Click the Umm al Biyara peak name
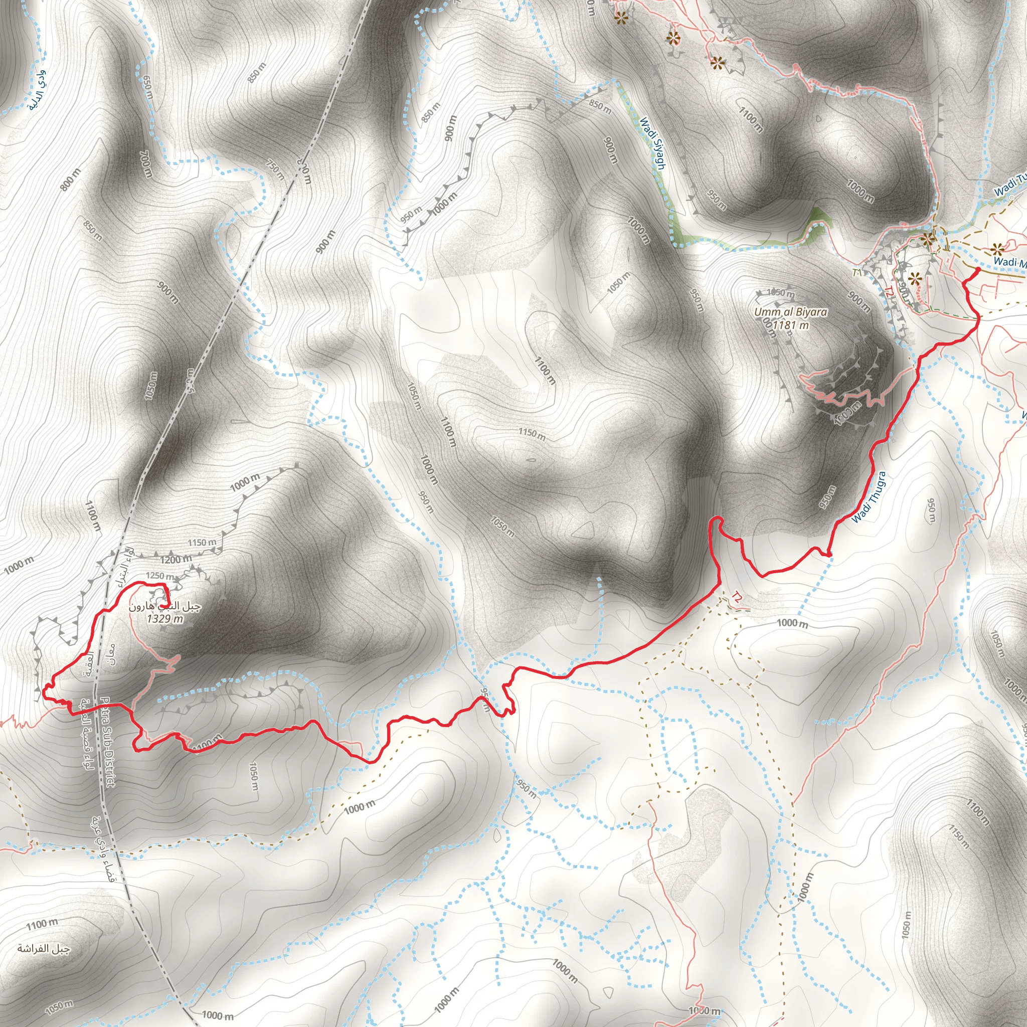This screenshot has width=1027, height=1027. (x=790, y=312)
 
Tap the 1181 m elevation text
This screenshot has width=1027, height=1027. (x=790, y=325)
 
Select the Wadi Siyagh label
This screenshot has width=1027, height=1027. (x=652, y=143)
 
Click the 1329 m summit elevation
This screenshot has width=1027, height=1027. (x=165, y=618)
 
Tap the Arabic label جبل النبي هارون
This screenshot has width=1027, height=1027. (x=165, y=607)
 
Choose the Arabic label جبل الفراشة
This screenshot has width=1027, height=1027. (x=44, y=949)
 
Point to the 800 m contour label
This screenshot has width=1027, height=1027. (x=71, y=180)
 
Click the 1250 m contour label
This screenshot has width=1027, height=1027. (x=159, y=576)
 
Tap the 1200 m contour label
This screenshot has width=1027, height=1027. (x=176, y=559)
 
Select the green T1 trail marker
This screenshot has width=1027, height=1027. (x=857, y=273)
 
